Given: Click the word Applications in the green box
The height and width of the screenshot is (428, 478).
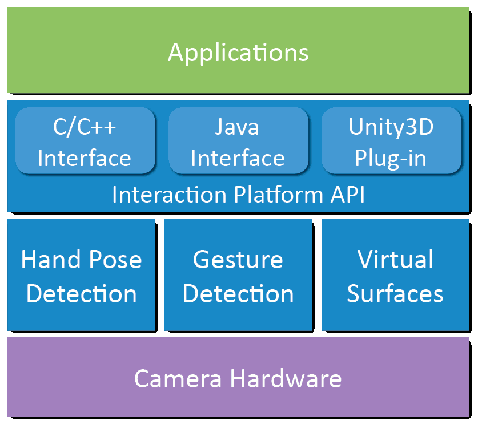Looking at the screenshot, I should pos(238,53).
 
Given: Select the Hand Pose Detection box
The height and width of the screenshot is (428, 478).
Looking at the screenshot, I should pos(82,275).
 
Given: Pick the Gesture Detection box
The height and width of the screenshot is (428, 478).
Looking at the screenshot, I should pos(238,275).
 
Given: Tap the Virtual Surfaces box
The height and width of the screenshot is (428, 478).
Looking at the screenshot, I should pos(395,275).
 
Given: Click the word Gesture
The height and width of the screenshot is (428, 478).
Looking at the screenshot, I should pos(238,260).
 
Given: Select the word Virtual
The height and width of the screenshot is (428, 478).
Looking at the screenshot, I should pos(395,260).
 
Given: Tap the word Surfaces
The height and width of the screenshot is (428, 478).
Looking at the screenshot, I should pos(395,294).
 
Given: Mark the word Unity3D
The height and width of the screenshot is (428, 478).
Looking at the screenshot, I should pos(391,127).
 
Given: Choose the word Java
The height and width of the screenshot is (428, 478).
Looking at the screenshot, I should pos(237,127).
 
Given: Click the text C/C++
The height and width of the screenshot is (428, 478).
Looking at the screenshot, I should pos(85,127).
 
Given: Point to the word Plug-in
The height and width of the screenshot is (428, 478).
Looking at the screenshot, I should pos(391,158).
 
